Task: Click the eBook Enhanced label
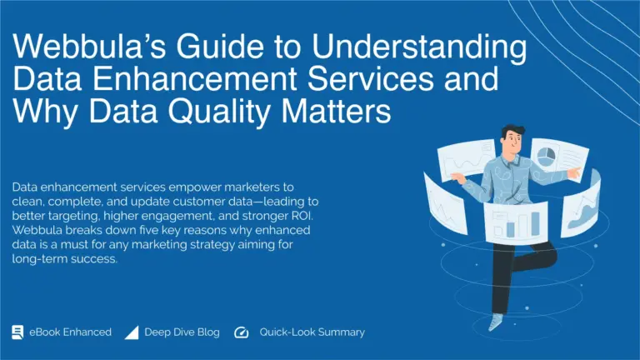pyautogui.click(x=70, y=332)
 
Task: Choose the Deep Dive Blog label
pyautogui.click(x=182, y=332)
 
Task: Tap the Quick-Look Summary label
pyautogui.click(x=312, y=332)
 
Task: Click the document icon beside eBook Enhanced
pyautogui.click(x=17, y=332)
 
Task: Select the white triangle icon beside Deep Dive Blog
pyautogui.click(x=131, y=332)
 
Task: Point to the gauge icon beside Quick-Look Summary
pyautogui.click(x=242, y=332)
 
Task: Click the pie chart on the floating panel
pyautogui.click(x=547, y=156)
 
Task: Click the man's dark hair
pyautogui.click(x=510, y=133)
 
